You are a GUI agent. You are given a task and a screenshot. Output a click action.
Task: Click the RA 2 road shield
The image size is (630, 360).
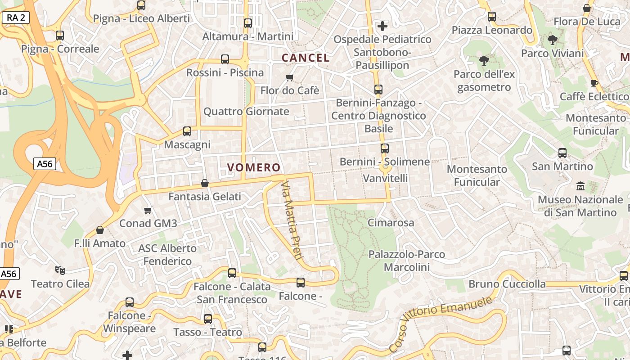(16, 18)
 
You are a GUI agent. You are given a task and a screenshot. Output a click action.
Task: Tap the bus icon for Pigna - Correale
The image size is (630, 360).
(60, 36)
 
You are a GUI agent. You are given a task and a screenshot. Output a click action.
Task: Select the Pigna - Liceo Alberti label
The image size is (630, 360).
(141, 19)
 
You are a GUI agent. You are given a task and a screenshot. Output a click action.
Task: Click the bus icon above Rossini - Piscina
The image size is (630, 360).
(225, 59)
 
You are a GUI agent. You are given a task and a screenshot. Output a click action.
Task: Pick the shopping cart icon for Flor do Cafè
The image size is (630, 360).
(290, 78)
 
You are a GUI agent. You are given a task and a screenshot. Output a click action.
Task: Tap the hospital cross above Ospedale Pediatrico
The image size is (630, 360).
(382, 26)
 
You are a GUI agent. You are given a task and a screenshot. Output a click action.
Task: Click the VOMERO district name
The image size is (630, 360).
(254, 168)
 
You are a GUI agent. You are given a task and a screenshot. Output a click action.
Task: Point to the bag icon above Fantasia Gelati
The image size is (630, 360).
(205, 183)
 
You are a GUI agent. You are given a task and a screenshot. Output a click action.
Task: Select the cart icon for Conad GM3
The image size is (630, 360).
(148, 210)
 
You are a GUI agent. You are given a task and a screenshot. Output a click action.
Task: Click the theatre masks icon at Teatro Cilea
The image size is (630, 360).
(60, 270)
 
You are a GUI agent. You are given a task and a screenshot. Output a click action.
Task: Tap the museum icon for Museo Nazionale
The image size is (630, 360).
(580, 186)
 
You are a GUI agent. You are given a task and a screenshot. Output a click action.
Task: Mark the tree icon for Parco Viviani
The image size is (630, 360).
(552, 40)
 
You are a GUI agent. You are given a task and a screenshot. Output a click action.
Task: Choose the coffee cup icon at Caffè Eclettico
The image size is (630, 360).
(594, 83)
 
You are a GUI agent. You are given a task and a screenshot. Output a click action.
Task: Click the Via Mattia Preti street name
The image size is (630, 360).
(291, 220)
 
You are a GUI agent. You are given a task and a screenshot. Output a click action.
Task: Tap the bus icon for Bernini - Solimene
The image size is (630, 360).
(385, 148)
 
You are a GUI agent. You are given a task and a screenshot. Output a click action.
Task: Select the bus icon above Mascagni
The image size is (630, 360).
(187, 131)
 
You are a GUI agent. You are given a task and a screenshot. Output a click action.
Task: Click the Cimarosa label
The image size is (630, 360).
(391, 223)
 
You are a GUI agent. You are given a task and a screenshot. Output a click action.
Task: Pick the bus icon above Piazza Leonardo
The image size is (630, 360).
(492, 17)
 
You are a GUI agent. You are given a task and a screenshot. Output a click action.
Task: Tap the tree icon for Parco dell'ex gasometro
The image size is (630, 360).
(484, 61)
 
